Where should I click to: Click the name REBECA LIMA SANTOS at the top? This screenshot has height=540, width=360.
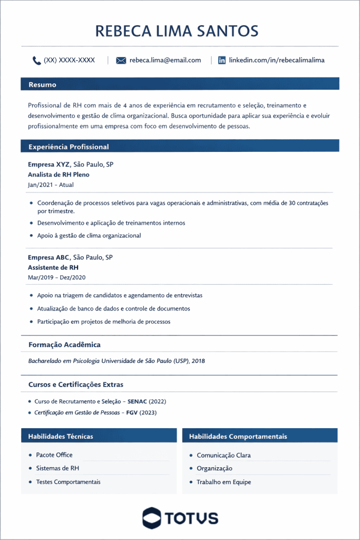(x=177, y=31)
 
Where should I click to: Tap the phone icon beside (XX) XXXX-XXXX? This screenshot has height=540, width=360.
(x=36, y=60)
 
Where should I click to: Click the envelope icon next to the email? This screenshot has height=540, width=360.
(x=121, y=60)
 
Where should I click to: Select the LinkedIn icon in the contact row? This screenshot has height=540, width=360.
(x=222, y=60)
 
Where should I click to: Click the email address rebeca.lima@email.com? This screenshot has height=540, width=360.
(x=165, y=60)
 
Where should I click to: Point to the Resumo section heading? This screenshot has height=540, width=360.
(x=42, y=84)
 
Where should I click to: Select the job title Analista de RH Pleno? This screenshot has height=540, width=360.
(x=59, y=175)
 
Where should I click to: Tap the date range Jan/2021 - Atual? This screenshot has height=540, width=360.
(x=51, y=185)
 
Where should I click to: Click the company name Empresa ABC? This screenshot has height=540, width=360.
(x=48, y=257)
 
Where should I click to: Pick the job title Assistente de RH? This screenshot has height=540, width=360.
(x=53, y=267)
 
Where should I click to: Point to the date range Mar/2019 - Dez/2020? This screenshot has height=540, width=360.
(x=56, y=277)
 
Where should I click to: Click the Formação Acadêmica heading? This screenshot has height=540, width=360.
(x=64, y=345)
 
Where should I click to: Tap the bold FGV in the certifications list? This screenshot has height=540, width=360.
(x=132, y=412)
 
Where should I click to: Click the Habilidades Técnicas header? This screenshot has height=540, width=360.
(x=61, y=436)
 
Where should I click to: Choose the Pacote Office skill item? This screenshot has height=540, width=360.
(x=54, y=455)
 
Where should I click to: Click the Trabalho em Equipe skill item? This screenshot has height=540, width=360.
(x=223, y=482)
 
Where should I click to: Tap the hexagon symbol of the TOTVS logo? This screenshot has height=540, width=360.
(x=152, y=517)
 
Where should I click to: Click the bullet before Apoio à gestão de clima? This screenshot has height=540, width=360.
(x=32, y=236)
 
